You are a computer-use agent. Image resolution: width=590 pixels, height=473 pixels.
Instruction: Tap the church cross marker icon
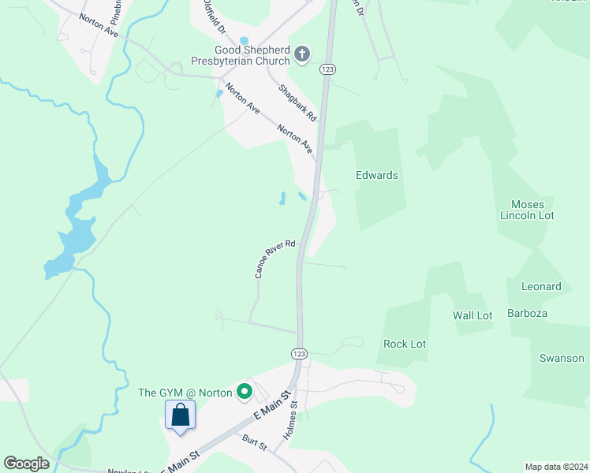(301, 54)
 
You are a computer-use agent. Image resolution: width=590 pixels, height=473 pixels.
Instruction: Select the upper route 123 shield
(327, 70)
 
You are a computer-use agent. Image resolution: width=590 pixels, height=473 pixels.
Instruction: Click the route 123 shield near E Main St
(299, 354)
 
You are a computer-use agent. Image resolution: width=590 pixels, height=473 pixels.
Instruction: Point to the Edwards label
(377, 175)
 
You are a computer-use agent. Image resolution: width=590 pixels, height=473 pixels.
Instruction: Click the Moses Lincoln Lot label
(528, 210)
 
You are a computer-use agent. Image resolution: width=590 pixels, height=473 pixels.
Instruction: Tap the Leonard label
(541, 286)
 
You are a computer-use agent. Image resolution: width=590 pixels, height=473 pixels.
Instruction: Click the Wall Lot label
(472, 315)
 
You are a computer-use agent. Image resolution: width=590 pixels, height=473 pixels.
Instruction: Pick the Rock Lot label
(405, 344)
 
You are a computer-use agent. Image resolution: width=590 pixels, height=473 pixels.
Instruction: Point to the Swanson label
(562, 358)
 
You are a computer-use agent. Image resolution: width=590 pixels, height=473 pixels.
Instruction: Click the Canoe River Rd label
(274, 259)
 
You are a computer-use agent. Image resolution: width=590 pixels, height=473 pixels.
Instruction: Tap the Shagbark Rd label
(297, 103)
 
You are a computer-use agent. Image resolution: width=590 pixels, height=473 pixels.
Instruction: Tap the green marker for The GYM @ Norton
(245, 390)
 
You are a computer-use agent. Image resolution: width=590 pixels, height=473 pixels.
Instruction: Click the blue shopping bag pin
(181, 415)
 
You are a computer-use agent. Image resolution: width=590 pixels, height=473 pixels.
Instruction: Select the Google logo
(26, 464)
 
